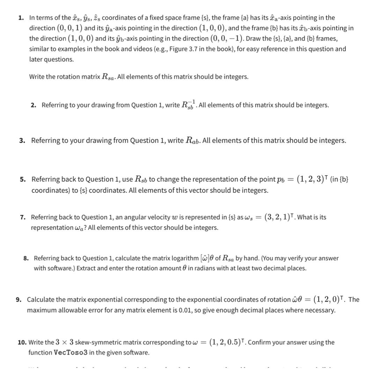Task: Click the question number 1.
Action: pos(21,18)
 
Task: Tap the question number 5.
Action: pos(23,180)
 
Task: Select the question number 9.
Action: pos(19,300)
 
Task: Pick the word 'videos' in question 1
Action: pos(140,49)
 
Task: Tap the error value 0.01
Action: pos(184,310)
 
